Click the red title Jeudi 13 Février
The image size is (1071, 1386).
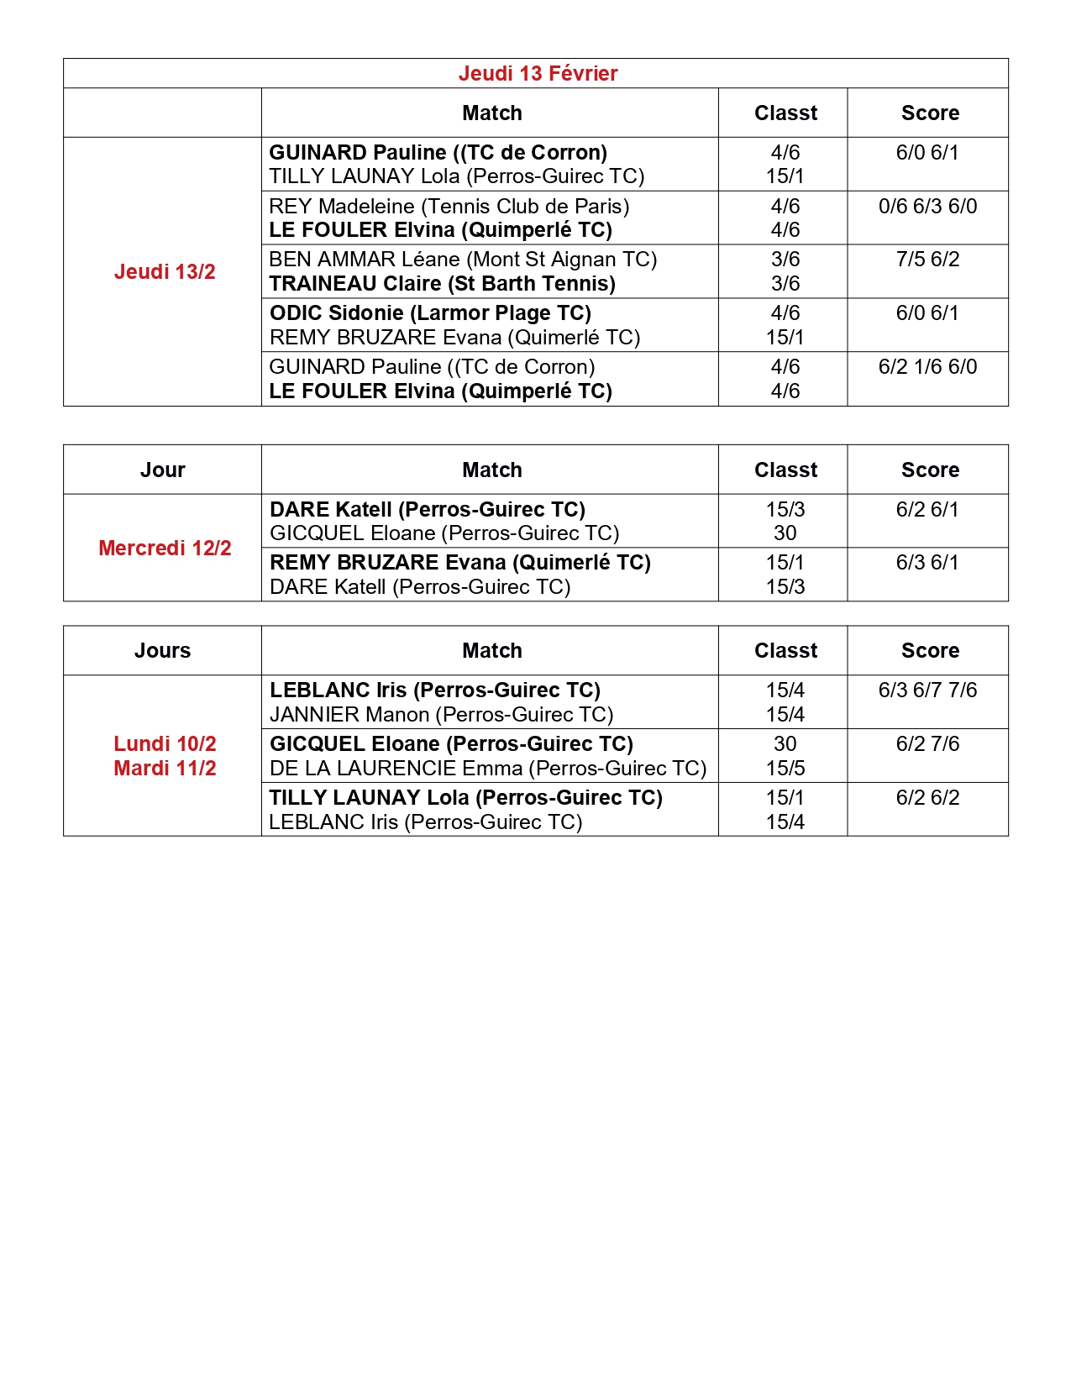pos(538,74)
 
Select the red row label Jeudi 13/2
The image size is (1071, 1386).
pos(165,272)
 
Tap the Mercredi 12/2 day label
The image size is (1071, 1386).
pos(165,549)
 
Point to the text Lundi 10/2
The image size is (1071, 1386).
pos(165,744)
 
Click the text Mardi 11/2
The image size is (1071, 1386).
pos(165,769)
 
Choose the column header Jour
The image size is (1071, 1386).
pos(162,470)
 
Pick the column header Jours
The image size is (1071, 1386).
pos(162,651)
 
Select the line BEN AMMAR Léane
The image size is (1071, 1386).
pos(463,260)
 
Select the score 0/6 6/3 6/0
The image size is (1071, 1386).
pos(927,207)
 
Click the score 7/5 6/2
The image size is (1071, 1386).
pos(927,260)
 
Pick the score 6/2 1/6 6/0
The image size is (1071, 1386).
pos(927,367)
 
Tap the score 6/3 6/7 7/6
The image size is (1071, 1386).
pos(927,690)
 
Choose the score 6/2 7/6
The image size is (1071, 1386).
pos(927,744)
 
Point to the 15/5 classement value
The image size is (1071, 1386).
pos(785,769)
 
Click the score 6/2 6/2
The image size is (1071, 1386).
pos(927,798)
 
